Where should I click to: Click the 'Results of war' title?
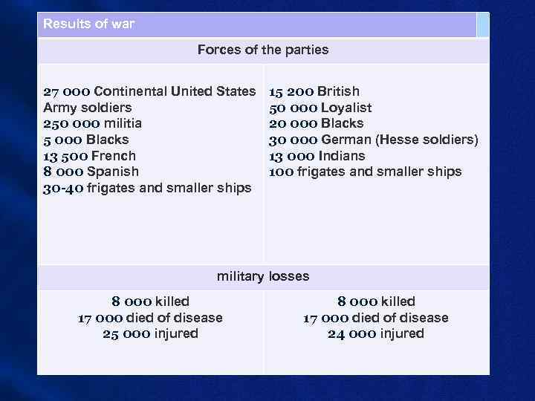89,24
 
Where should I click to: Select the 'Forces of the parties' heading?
263,50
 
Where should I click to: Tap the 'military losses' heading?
263,276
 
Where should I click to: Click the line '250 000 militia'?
92,123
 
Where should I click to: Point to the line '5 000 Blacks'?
85,140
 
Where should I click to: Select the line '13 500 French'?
89,156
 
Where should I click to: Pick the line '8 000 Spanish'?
91,172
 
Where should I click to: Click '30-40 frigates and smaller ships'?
147,189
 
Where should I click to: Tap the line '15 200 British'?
314,92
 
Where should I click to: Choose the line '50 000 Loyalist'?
320,108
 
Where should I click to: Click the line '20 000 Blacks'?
316,123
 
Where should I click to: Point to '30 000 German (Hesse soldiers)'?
373,140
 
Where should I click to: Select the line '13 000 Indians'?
317,156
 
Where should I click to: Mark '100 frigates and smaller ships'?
365,172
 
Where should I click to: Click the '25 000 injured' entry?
150,334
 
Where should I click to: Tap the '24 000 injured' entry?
376,334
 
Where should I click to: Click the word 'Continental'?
131,92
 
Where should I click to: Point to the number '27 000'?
67,92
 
